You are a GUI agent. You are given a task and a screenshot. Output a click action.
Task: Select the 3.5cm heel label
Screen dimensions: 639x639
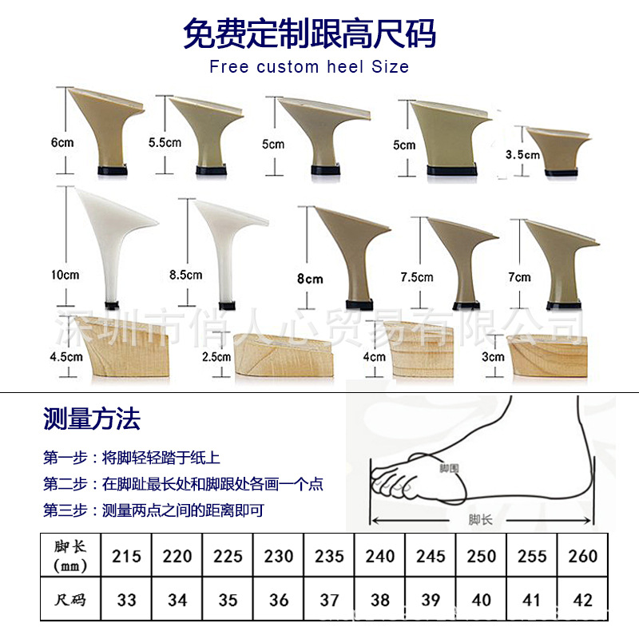tap(523, 155)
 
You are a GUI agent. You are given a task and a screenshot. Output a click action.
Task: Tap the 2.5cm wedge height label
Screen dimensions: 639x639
tap(216, 356)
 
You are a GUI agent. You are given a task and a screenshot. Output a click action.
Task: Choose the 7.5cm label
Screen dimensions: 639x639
tap(416, 276)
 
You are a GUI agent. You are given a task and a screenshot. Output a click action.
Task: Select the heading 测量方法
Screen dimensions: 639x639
tap(92, 418)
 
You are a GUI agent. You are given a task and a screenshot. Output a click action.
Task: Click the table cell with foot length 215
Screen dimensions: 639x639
tap(126, 556)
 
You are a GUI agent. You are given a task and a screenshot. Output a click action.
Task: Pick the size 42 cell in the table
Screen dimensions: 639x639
tap(583, 599)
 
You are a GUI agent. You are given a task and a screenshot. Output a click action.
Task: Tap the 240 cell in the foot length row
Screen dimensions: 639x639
tap(380, 556)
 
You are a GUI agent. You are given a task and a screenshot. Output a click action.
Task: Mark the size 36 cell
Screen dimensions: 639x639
tap(279, 599)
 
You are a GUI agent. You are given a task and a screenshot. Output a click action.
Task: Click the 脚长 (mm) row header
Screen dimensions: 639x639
tap(70, 556)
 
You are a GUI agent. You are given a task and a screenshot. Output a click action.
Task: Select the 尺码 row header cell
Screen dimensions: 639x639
tap(70, 599)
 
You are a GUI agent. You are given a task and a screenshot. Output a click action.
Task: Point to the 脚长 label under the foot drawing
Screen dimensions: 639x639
tap(481, 519)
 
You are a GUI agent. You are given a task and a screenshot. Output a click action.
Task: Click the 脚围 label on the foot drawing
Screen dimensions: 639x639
tap(450, 467)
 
